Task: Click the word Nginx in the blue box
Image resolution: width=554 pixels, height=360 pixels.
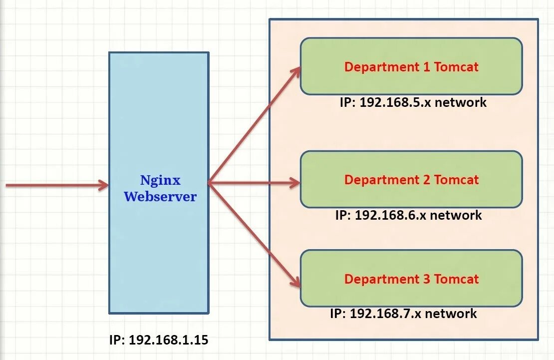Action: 160,180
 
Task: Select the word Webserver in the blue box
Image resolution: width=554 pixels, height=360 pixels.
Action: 160,197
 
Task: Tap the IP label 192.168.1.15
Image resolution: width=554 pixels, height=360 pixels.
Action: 159,341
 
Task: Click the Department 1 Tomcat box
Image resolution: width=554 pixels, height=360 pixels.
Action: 411,66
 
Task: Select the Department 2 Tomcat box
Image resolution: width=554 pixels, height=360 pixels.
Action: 411,179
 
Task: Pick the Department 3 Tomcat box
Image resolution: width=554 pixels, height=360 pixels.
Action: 411,279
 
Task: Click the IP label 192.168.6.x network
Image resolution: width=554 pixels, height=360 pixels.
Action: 408,215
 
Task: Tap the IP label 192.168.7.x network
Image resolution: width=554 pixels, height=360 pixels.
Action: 403,314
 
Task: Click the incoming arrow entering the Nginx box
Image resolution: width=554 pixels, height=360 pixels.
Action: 55,185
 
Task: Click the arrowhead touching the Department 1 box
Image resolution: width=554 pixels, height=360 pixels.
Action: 295,71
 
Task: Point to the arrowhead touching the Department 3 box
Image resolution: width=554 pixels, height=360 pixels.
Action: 295,282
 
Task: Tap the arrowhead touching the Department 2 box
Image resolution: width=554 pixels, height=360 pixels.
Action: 294,183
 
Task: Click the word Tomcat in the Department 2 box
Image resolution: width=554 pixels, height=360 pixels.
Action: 456,179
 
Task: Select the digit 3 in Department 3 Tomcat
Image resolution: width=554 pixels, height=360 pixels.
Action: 426,279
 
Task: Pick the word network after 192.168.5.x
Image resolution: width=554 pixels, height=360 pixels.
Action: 461,102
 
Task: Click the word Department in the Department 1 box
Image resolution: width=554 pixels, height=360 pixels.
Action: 382,66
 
